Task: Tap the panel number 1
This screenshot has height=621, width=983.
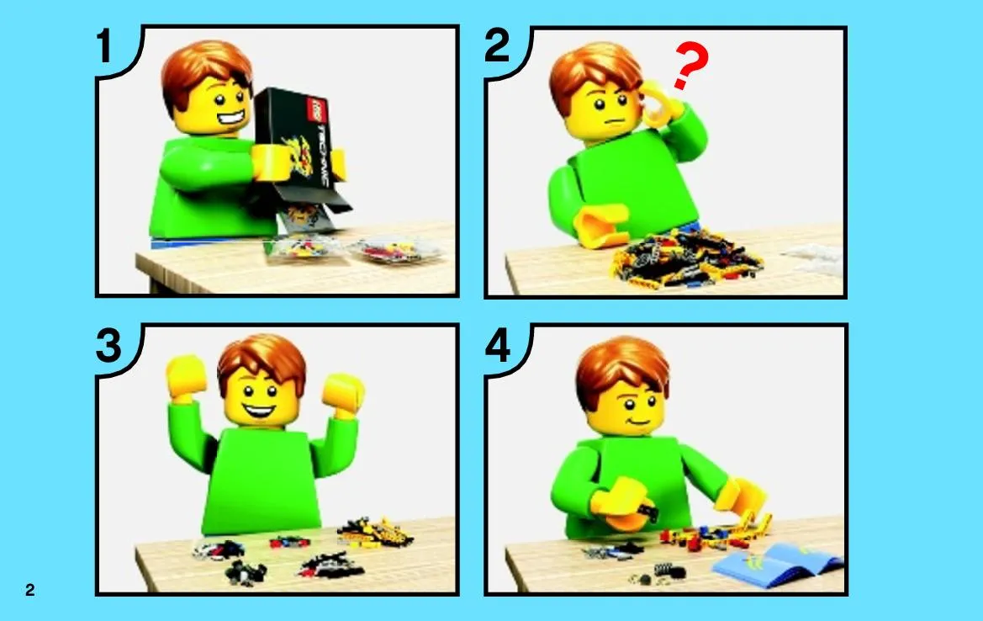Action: point(104,46)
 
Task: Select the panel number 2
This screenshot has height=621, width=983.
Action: point(496,46)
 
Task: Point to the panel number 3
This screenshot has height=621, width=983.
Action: point(108,346)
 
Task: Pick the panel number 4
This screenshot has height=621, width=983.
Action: point(498,346)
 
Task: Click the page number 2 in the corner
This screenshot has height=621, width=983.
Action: point(30,590)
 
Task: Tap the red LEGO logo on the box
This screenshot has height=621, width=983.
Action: point(320,109)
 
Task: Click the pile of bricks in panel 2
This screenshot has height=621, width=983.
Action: point(686,257)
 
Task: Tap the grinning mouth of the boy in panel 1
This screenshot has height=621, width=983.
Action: point(230,117)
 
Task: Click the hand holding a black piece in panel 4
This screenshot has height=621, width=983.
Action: point(621,505)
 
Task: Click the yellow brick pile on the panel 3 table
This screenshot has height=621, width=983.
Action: point(375,533)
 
